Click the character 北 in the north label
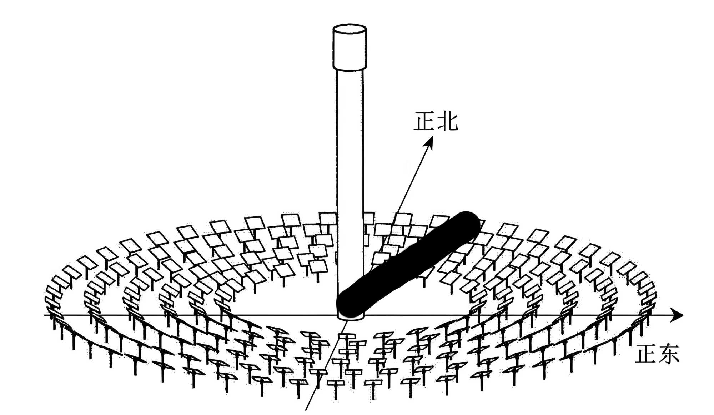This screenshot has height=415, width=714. (447, 121)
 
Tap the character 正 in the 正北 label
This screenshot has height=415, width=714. (424, 121)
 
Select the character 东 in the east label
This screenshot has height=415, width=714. (667, 355)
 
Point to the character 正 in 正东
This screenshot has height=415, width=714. (645, 355)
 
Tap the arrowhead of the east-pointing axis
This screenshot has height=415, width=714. (676, 315)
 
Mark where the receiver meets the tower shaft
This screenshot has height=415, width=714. (350, 69)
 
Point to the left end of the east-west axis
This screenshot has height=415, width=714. (46, 315)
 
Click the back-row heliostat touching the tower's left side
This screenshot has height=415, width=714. (328, 218)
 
